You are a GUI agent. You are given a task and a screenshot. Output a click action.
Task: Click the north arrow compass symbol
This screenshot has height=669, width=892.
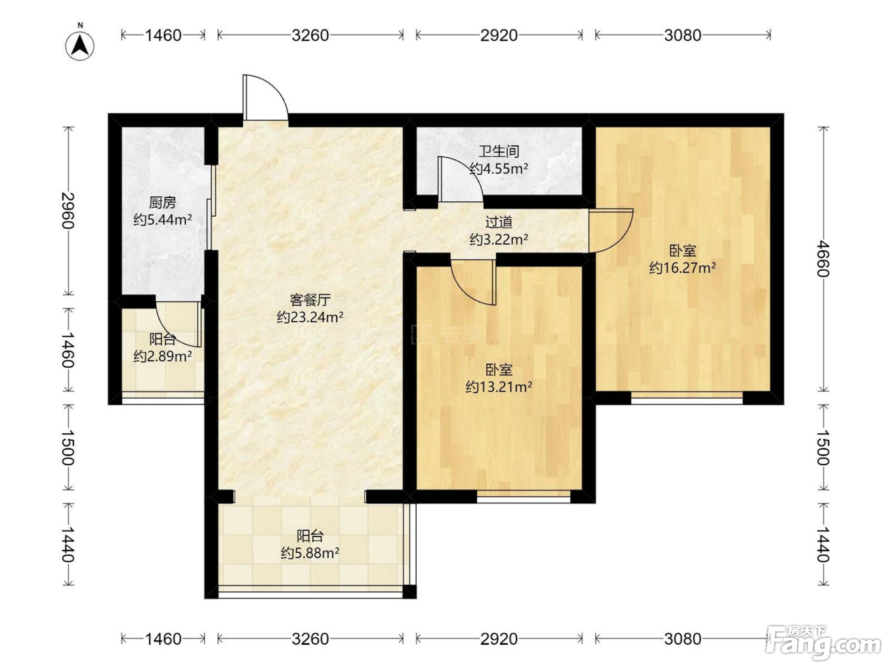[80, 45]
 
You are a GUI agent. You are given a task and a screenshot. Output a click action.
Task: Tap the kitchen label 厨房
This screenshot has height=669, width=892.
[162, 202]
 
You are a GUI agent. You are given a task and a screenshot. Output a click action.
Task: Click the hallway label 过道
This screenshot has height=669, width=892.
[499, 222]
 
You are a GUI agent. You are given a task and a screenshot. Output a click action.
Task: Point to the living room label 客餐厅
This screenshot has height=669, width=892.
[310, 300]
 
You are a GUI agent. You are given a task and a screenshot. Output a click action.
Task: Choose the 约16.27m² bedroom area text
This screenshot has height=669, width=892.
[683, 268]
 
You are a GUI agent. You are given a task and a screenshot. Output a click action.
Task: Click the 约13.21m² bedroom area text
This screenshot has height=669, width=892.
[499, 387]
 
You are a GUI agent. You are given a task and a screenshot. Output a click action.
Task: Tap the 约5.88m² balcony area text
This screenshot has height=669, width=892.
[310, 553]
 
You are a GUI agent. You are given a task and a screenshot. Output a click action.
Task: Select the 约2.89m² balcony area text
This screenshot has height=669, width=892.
[162, 357]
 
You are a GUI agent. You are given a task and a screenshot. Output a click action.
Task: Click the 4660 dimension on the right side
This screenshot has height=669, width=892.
[823, 259]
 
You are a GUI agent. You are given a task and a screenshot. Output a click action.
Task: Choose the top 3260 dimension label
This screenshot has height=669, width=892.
[310, 36]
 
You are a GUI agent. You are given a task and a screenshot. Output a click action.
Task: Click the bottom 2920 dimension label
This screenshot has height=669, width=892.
[499, 639]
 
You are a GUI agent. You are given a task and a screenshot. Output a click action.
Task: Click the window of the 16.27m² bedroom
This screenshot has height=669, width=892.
[687, 398]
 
